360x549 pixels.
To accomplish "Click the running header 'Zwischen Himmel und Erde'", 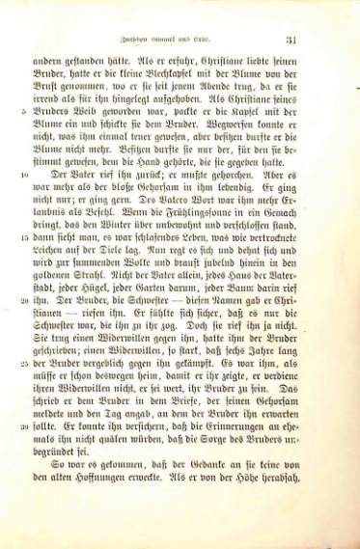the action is point(191,41).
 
